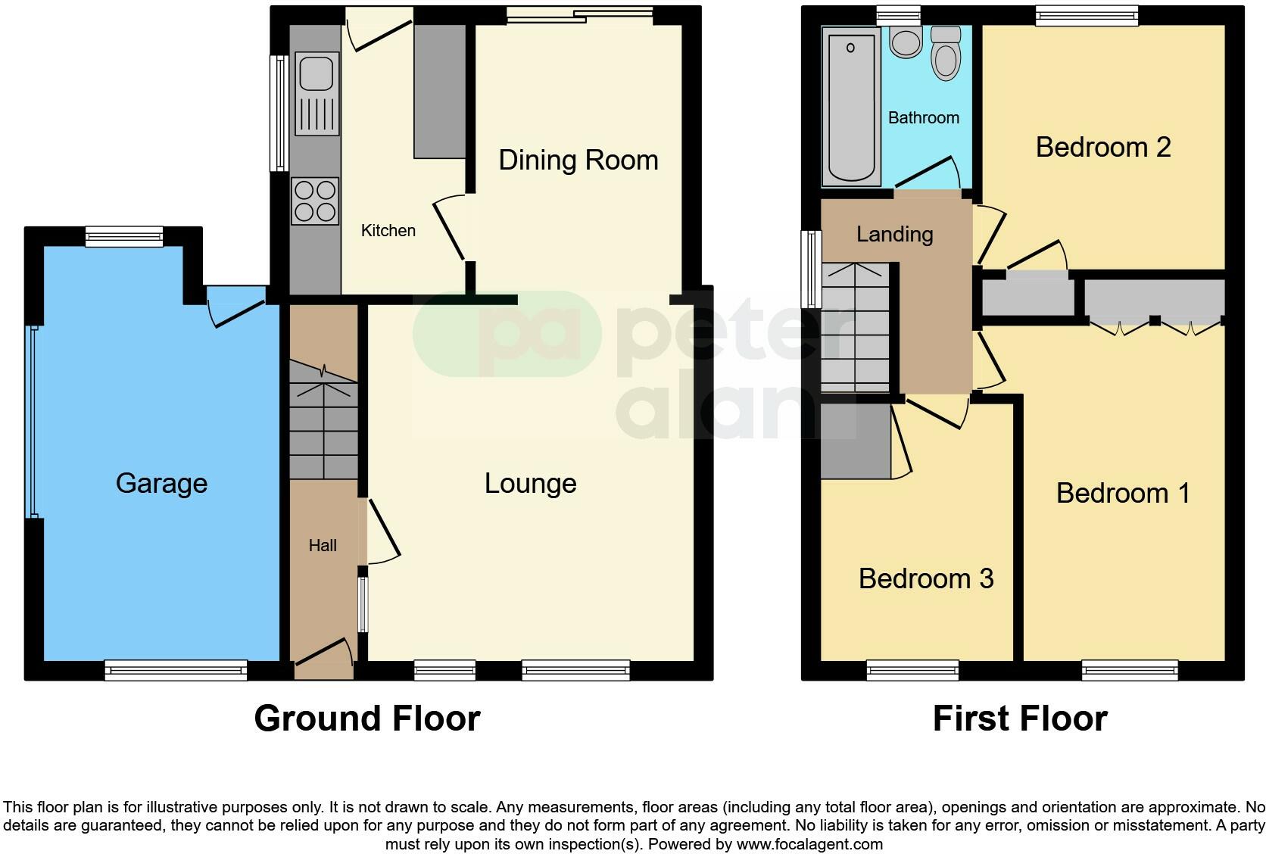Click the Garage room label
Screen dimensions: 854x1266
coord(161,483)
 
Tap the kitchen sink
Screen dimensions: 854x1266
coord(316,74)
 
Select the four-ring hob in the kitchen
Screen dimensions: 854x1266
coord(315,201)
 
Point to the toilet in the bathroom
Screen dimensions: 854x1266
coord(946,53)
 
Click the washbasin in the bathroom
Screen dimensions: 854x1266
coord(905,42)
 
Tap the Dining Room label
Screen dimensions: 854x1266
coord(578,161)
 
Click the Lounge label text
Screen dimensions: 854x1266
coord(530,484)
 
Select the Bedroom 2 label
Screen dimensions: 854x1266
coord(1102,147)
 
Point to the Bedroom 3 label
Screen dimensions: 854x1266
coord(925,579)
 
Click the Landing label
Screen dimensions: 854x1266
coord(894,235)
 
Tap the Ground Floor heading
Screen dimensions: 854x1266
coord(367,718)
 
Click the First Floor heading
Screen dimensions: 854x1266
coord(1019,718)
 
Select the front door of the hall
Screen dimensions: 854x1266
coord(324,659)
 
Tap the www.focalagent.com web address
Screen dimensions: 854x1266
coord(809,843)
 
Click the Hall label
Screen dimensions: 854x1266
coord(323,546)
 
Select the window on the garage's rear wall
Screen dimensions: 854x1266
coord(123,236)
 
